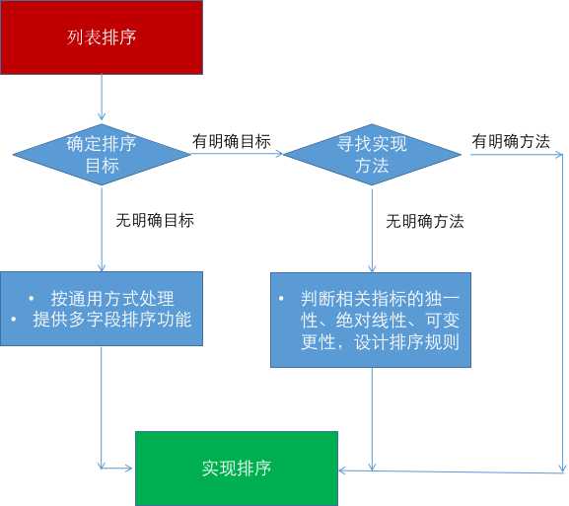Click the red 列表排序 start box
tap(101, 37)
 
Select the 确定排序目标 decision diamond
tap(102, 154)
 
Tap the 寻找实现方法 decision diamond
tap(372, 154)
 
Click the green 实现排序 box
tap(236, 469)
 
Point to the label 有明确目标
tap(231, 141)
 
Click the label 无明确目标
tap(155, 220)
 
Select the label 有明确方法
tap(511, 141)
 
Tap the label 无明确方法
tap(425, 221)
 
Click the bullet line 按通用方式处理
tap(112, 299)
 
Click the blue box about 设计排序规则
tap(371, 320)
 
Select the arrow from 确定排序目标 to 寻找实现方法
tap(237, 154)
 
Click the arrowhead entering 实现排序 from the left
tap(129, 469)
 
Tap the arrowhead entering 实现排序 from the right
tap(343, 470)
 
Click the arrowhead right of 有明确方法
tap(558, 154)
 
